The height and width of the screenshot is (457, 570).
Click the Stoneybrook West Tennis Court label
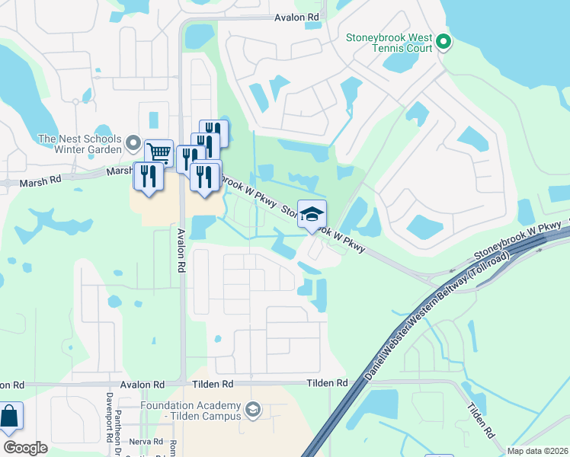click(x=389, y=43)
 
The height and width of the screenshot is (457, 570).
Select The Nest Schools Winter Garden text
click(x=79, y=144)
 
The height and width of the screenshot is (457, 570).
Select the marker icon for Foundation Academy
click(x=253, y=411)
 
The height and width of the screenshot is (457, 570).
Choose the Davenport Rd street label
click(x=110, y=418)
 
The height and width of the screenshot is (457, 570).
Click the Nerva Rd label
click(x=146, y=441)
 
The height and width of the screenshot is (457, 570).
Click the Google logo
click(x=25, y=448)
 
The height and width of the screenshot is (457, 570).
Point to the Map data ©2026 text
click(x=537, y=451)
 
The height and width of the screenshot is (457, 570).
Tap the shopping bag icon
click(x=9, y=417)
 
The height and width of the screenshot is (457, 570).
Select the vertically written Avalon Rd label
click(x=181, y=251)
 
